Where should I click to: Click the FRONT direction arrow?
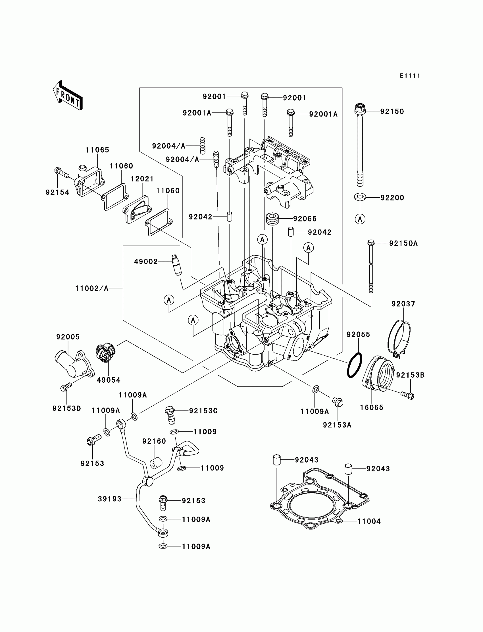(68, 96)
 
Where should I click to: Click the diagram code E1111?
(410, 76)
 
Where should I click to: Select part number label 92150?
(392, 111)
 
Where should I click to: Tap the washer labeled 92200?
(360, 197)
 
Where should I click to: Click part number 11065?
(97, 150)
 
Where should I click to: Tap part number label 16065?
(372, 407)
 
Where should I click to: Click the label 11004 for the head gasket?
(369, 521)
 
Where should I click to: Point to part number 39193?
(110, 499)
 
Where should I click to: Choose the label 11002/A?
(92, 288)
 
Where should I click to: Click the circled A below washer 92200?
(360, 219)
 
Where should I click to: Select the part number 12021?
(142, 179)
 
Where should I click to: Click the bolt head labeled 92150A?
(371, 243)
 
